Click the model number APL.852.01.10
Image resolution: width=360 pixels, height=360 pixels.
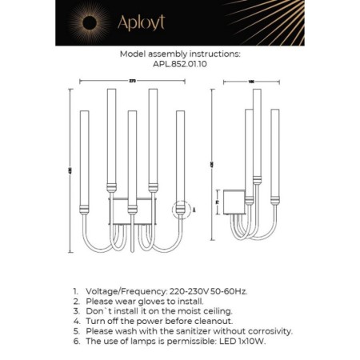(x=179, y=66)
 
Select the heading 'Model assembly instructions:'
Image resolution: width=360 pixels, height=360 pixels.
(x=179, y=55)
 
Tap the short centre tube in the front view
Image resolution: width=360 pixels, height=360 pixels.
(x=133, y=152)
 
